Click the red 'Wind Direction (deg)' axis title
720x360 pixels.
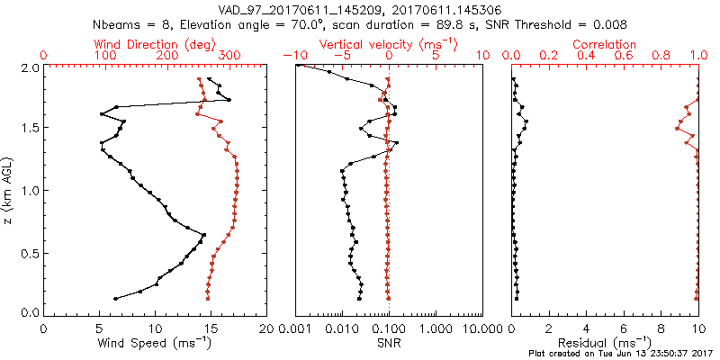coord(156,43)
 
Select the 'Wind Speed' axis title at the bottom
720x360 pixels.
coord(156,342)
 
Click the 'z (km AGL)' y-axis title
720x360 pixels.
coord(8,190)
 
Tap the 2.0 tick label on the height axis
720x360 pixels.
coord(30,67)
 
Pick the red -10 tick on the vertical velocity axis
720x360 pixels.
coord(294,55)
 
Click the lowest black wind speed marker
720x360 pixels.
coord(115,298)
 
